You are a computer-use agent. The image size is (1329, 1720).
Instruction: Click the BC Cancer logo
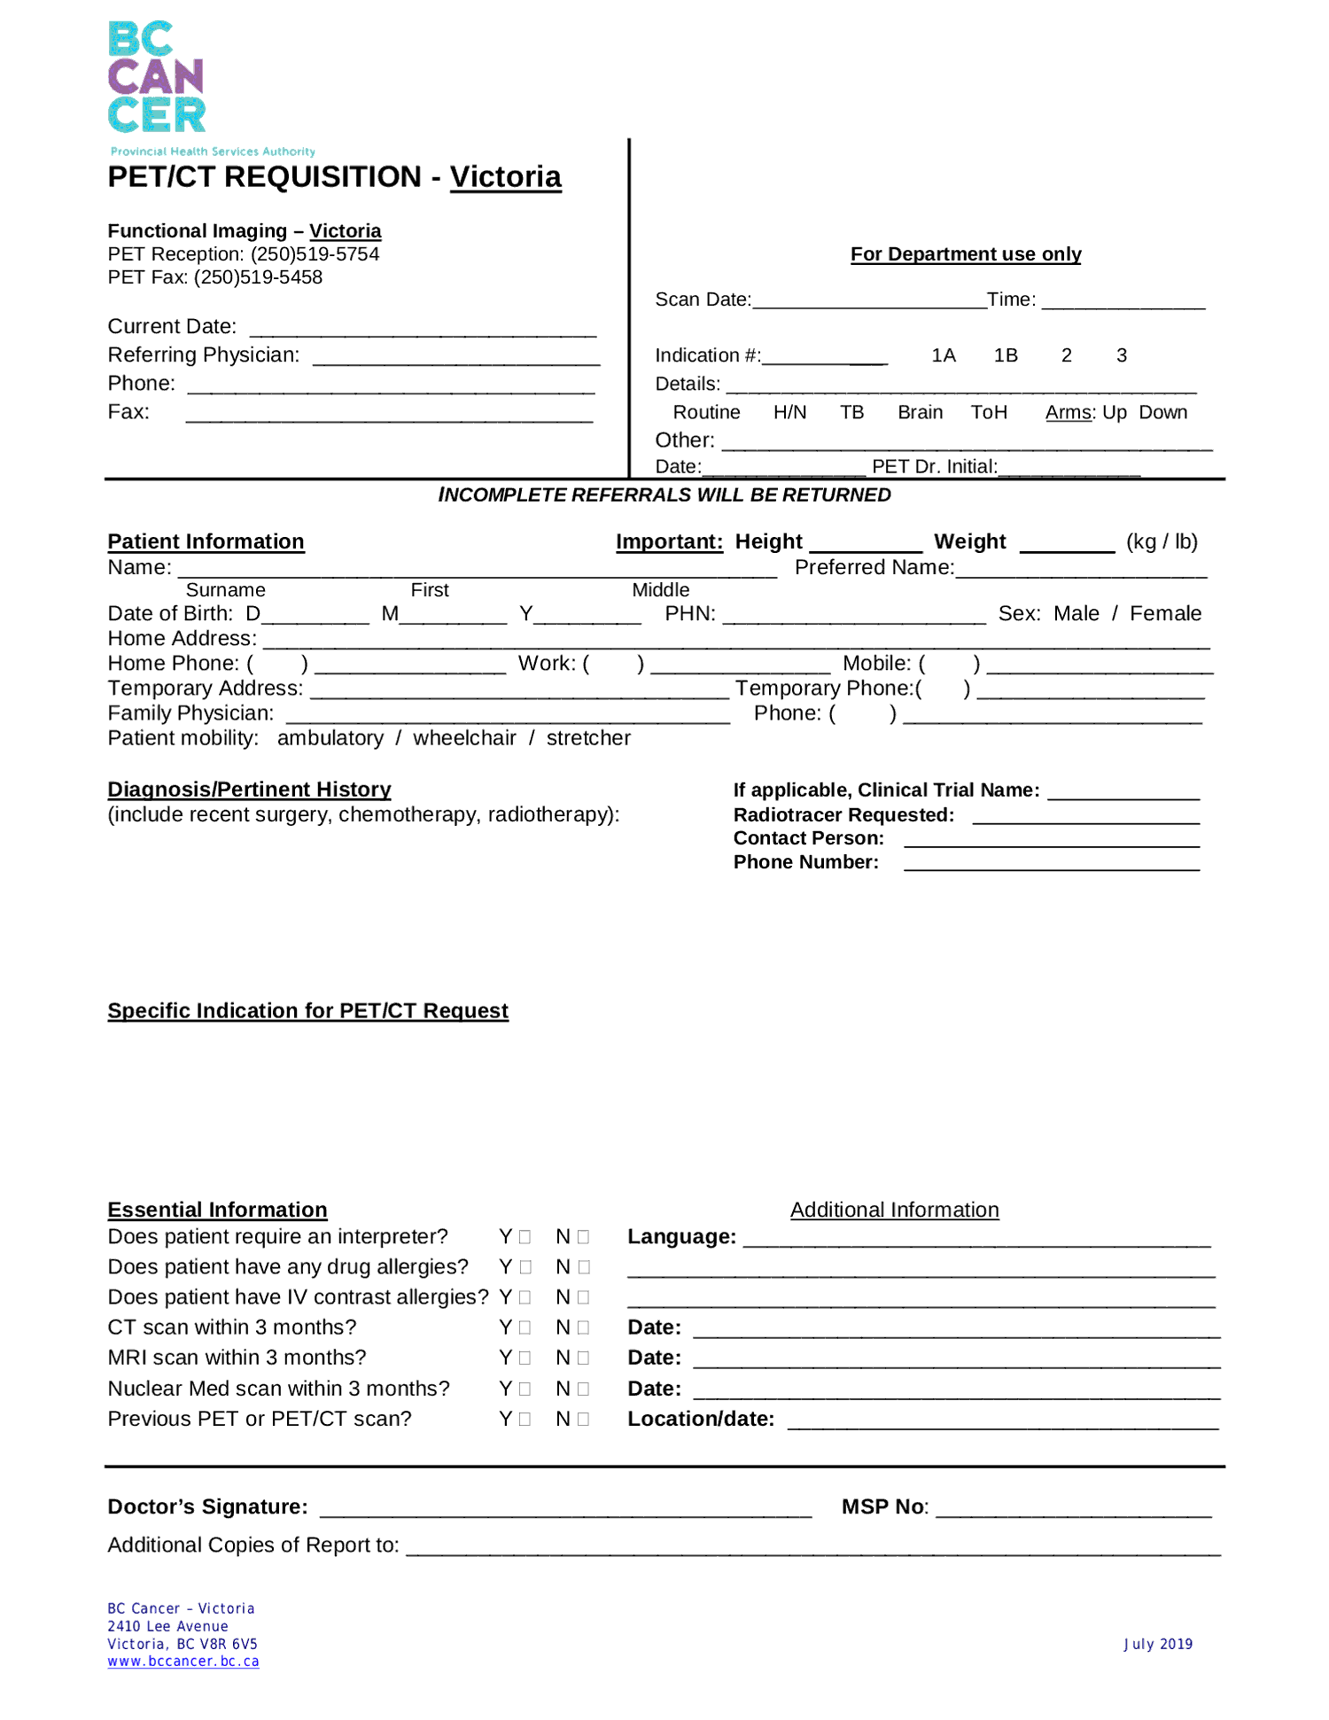tap(157, 78)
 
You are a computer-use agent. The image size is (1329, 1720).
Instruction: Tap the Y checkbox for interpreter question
tap(525, 1237)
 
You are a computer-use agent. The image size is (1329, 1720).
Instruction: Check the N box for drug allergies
tap(583, 1267)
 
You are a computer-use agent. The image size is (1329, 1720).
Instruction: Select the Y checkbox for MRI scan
tap(525, 1358)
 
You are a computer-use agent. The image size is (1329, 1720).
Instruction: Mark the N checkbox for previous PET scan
tap(583, 1419)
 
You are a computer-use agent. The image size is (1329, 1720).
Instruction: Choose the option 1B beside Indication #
tap(1006, 355)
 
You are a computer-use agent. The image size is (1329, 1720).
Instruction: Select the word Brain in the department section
tap(920, 412)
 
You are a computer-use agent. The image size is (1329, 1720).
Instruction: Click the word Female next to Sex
tap(1165, 613)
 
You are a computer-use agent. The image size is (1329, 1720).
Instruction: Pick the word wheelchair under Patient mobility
tap(464, 738)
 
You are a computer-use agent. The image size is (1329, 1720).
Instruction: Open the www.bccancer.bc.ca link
tap(183, 1662)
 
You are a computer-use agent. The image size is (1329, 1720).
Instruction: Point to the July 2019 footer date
tap(1158, 1644)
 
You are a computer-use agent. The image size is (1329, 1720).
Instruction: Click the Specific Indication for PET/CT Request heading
tap(307, 1011)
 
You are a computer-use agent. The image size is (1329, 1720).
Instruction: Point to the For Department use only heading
tap(966, 254)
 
